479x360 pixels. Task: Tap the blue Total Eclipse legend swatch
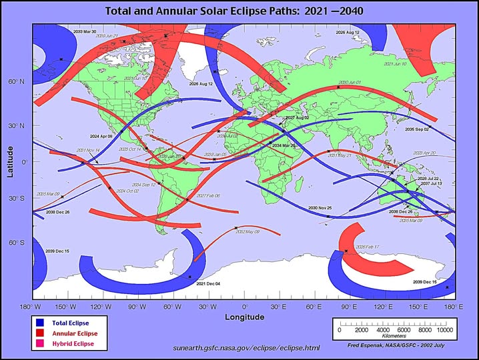click(x=40, y=323)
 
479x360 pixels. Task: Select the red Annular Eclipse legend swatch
click(x=40, y=333)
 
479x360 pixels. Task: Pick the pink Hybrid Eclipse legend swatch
click(x=40, y=343)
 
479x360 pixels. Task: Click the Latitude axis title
click(x=10, y=162)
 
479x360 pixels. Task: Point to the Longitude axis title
click(x=244, y=317)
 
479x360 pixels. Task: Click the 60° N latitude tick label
click(x=16, y=82)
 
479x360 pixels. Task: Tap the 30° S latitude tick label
click(x=16, y=199)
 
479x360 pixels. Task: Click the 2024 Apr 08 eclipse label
click(x=102, y=135)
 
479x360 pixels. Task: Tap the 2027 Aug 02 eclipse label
click(x=297, y=117)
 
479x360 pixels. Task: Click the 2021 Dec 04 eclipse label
click(x=207, y=284)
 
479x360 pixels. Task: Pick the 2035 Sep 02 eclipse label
click(x=417, y=129)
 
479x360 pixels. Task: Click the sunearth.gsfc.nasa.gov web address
click(x=246, y=348)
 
